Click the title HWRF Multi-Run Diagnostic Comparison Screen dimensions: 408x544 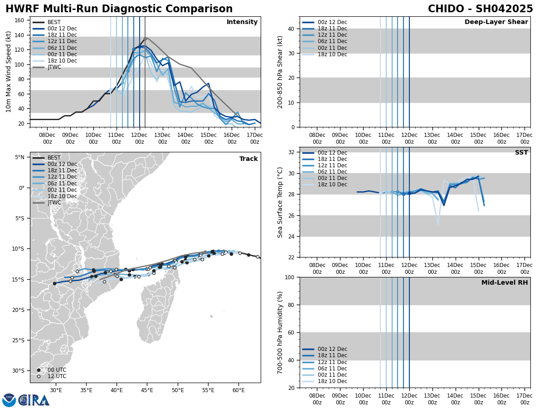pyautogui.click(x=119, y=9)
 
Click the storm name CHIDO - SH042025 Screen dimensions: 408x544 pyautogui.click(x=480, y=9)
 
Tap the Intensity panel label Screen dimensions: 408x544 pyautogui.click(x=242, y=22)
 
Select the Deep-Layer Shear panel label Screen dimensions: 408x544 pyautogui.click(x=496, y=22)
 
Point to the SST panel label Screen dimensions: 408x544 pyautogui.click(x=521, y=153)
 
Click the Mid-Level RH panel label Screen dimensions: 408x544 pyautogui.click(x=505, y=283)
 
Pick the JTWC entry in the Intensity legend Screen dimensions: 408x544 pyautogui.click(x=54, y=68)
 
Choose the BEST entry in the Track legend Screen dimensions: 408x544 pyautogui.click(x=54, y=158)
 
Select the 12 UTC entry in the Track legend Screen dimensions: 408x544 pyautogui.click(x=57, y=376)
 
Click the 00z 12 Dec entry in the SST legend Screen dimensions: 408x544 pyautogui.click(x=332, y=153)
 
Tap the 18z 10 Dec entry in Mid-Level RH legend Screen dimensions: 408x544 pyautogui.click(x=332, y=381)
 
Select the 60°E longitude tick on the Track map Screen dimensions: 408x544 pyautogui.click(x=238, y=390)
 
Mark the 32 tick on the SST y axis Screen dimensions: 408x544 pyautogui.click(x=292, y=152)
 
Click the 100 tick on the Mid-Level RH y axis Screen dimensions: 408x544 pyautogui.click(x=291, y=277)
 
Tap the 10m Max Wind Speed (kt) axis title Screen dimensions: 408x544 pyautogui.click(x=9, y=72)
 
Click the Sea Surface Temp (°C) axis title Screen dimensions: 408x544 pyautogui.click(x=280, y=202)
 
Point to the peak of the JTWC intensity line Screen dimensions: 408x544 pyautogui.click(x=145, y=38)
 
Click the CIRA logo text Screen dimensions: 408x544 pyautogui.click(x=34, y=400)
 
